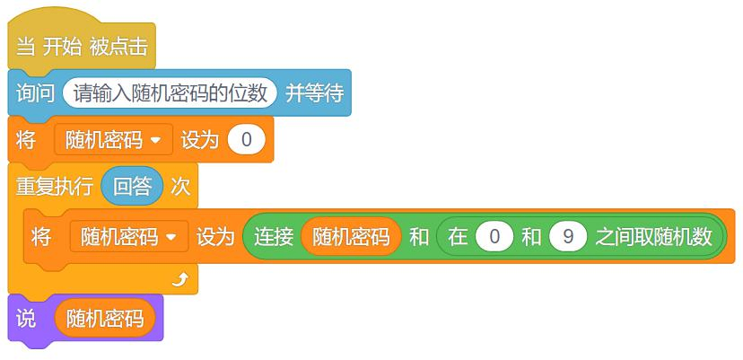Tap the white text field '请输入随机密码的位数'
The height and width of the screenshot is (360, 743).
(x=170, y=93)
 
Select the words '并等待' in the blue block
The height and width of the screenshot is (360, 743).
(x=314, y=93)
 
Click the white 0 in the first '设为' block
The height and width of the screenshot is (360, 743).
(x=247, y=140)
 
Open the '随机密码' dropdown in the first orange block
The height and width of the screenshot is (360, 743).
(x=114, y=140)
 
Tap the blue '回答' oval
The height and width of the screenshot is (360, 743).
(x=132, y=187)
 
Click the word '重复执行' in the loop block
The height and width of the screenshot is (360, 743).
(x=55, y=187)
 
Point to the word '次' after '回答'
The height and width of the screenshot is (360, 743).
(x=180, y=187)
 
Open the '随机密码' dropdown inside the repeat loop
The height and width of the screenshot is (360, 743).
(x=129, y=236)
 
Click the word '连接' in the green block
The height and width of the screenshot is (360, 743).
(x=274, y=236)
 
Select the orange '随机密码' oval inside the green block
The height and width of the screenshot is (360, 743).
(x=351, y=236)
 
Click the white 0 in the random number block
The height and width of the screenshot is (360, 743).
(x=494, y=236)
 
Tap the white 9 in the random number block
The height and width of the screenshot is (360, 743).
(x=568, y=236)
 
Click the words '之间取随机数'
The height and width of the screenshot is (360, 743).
(x=654, y=236)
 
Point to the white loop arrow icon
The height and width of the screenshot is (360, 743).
(x=180, y=280)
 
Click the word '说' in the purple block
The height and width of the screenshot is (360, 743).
(x=26, y=318)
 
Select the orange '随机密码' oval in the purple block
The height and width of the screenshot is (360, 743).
(x=105, y=318)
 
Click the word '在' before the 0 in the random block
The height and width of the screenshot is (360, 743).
(x=458, y=236)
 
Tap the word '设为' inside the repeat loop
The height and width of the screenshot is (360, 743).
(x=215, y=236)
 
